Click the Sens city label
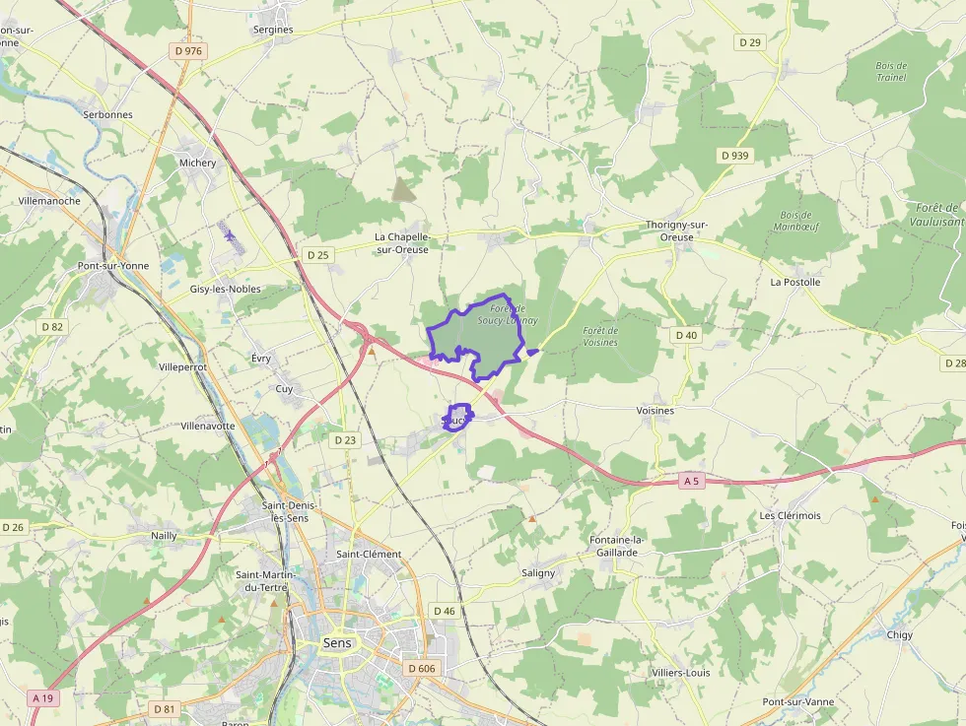pyautogui.click(x=337, y=643)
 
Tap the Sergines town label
pyautogui.click(x=273, y=30)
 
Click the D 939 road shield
pyautogui.click(x=734, y=156)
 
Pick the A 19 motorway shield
pyautogui.click(x=42, y=697)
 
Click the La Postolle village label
pyautogui.click(x=794, y=282)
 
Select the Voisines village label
pyautogui.click(x=655, y=410)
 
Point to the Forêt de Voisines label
pyautogui.click(x=599, y=337)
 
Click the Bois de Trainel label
pyautogui.click(x=890, y=71)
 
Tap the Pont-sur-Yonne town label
pyautogui.click(x=108, y=266)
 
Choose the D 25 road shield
pyautogui.click(x=317, y=255)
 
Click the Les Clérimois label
pyautogui.click(x=790, y=515)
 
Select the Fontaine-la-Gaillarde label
pyautogui.click(x=615, y=546)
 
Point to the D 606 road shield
pyautogui.click(x=421, y=668)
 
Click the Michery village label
pyautogui.click(x=197, y=163)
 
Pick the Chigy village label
pyautogui.click(x=899, y=634)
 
